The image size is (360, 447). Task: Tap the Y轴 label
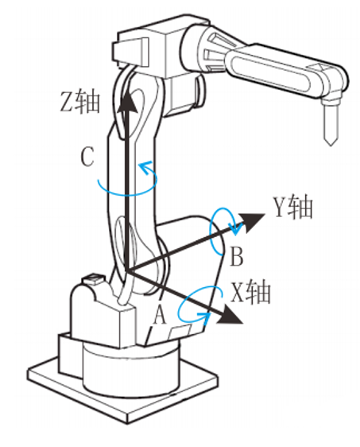pyautogui.click(x=293, y=208)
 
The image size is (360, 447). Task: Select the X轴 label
pyautogui.click(x=250, y=293)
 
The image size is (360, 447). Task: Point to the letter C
pyautogui.click(x=87, y=157)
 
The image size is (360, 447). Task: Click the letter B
pyautogui.click(x=236, y=256)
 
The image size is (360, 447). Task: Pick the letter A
pyautogui.click(x=160, y=315)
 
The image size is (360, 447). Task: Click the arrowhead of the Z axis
pyautogui.click(x=126, y=102)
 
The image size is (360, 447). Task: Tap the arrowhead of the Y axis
pyautogui.click(x=251, y=221)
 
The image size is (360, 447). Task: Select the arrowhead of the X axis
pyautogui.click(x=229, y=315)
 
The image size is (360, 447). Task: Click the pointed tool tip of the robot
pyautogui.click(x=331, y=145)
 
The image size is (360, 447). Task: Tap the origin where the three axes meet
pyautogui.click(x=126, y=271)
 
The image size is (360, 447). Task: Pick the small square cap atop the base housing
pyautogui.click(x=91, y=278)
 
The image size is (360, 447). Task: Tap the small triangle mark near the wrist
pyautogui.click(x=319, y=67)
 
